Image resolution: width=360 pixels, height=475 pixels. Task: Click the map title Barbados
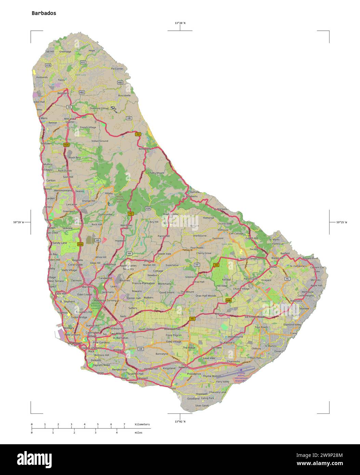(x=44, y=13)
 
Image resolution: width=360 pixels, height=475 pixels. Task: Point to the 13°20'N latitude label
(x=180, y=23)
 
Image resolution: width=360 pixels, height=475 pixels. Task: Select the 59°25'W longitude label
(x=342, y=222)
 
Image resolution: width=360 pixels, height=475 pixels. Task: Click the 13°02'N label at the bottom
(x=180, y=421)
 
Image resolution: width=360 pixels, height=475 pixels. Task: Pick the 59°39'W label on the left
(x=18, y=222)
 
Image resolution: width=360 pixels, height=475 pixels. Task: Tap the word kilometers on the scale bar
(x=142, y=424)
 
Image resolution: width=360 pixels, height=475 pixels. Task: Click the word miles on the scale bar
(x=138, y=432)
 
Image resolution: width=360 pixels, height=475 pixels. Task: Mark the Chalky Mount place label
(x=156, y=173)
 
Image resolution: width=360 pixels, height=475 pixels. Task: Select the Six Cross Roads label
(x=255, y=317)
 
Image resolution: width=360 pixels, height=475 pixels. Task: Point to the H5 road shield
(x=192, y=318)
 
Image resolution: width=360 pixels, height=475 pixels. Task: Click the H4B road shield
(x=228, y=300)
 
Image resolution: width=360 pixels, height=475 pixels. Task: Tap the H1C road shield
(x=83, y=62)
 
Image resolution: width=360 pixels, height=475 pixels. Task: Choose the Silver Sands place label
(x=202, y=406)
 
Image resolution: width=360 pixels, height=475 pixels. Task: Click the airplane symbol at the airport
(x=241, y=370)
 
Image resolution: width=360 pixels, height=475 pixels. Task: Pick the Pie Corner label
(x=117, y=69)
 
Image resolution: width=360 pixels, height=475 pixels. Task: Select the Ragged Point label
(x=310, y=258)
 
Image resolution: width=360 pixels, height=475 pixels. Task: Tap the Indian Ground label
(x=100, y=141)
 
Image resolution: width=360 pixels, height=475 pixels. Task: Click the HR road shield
(x=141, y=349)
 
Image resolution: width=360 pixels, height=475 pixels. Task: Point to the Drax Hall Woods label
(x=206, y=296)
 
